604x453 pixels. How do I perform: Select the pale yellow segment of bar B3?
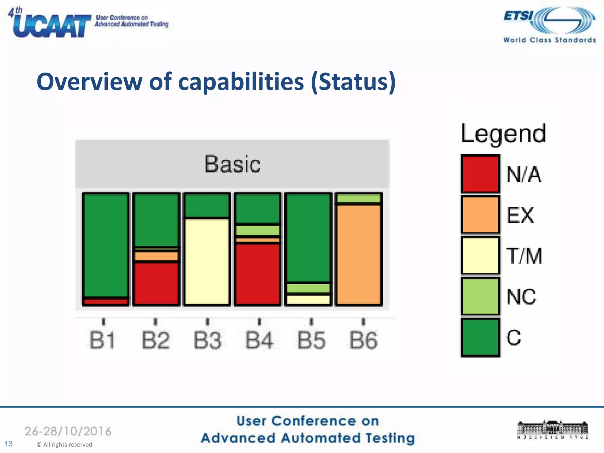point(207,261)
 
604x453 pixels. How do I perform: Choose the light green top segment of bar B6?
point(359,198)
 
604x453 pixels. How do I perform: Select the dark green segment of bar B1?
point(106,245)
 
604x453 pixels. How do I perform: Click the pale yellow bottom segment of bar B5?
point(308,299)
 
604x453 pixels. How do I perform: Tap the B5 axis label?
point(311,340)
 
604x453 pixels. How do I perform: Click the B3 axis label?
point(207,340)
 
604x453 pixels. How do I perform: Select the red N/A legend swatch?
point(480,174)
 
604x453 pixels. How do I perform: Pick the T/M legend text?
point(524,256)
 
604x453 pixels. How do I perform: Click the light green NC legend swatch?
point(480,296)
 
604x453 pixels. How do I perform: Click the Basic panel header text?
point(232,164)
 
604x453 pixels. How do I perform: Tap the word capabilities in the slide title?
point(241,82)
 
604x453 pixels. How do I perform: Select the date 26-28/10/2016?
point(68,431)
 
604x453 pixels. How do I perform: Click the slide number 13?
point(9,444)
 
